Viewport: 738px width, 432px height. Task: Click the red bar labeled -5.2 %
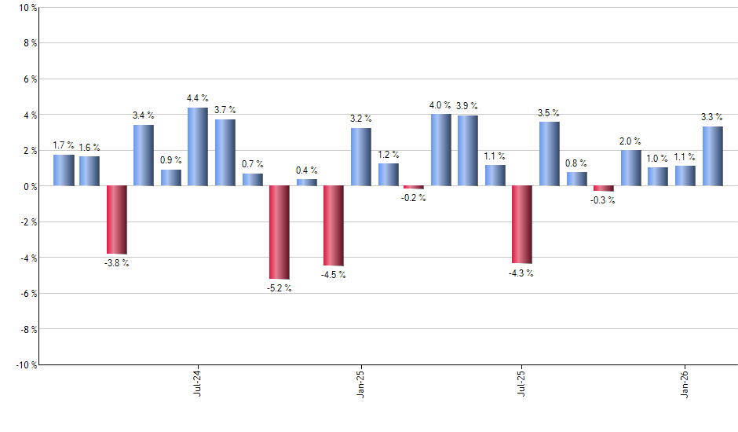[x=279, y=232]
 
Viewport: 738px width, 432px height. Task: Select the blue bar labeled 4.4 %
[x=198, y=147]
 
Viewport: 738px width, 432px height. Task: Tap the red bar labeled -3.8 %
[x=117, y=220]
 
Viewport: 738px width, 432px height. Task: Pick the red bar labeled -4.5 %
[x=334, y=226]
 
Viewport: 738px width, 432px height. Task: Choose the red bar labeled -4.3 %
[x=522, y=225]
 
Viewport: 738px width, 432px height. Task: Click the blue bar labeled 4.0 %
[x=441, y=150]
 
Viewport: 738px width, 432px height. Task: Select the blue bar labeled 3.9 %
[x=468, y=151]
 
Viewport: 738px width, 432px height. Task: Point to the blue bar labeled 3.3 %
[x=712, y=156]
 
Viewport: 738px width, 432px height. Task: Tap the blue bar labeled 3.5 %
[x=550, y=154]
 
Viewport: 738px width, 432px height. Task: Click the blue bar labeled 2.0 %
[x=631, y=168]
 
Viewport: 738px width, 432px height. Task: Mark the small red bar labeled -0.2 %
[x=414, y=188]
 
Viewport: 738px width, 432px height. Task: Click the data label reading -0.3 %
[x=604, y=200]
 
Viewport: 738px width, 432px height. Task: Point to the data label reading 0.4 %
[x=306, y=170]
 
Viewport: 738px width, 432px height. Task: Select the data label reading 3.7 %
[x=225, y=110]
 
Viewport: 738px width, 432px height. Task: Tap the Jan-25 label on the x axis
[x=360, y=383]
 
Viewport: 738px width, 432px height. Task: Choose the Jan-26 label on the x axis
[x=685, y=383]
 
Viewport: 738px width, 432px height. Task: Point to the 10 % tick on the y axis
[x=27, y=8]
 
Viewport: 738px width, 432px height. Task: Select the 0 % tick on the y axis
[x=29, y=186]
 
